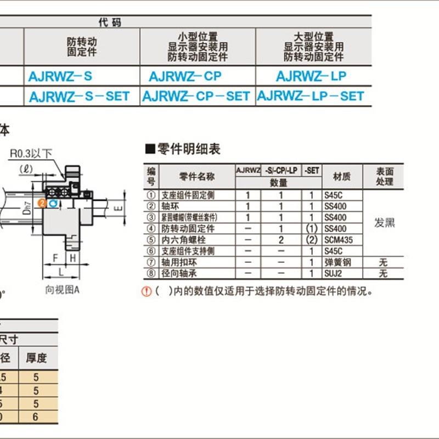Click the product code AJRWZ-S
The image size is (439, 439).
click(60, 76)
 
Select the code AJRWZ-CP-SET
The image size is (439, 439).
click(196, 96)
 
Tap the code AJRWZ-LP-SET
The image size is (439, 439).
click(311, 96)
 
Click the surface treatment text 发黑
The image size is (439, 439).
click(385, 223)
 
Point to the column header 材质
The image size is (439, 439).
click(341, 177)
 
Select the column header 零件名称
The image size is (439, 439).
click(196, 177)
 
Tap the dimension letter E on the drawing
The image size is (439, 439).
click(116, 208)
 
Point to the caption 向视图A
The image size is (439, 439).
click(62, 290)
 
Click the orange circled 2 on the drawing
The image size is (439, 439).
click(42, 203)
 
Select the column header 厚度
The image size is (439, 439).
click(37, 359)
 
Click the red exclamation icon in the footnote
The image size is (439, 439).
click(147, 291)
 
